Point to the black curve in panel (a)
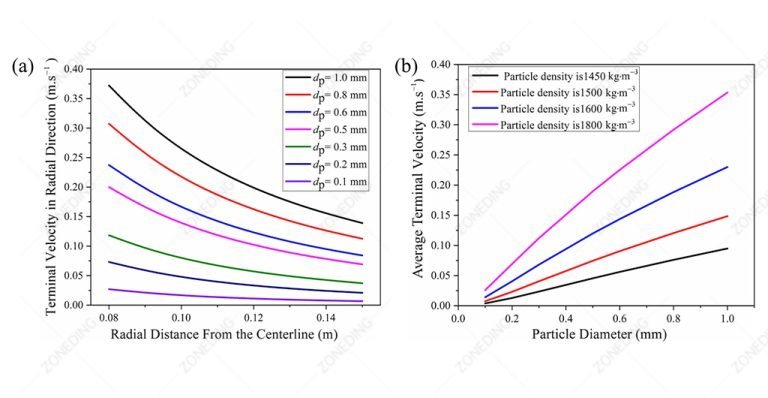(x=200, y=160)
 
